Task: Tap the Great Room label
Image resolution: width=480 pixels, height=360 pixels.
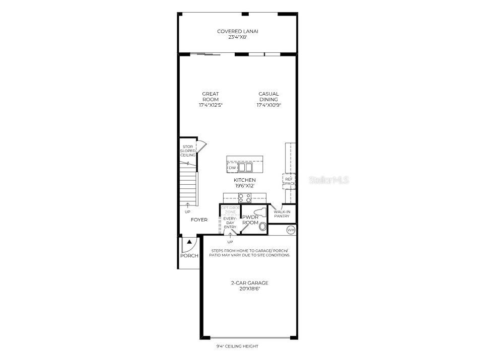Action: (x=210, y=97)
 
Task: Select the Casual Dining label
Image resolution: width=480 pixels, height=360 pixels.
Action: (x=268, y=97)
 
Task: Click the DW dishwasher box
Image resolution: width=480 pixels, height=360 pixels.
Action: (x=232, y=168)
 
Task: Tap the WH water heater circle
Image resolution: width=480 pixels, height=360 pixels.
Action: (x=291, y=230)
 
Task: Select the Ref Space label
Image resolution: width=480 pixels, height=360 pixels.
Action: (x=289, y=181)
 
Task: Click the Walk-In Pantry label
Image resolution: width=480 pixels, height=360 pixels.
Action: (x=282, y=214)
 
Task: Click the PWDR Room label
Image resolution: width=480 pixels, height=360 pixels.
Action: (x=250, y=220)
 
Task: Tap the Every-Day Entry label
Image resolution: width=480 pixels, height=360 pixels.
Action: (x=230, y=223)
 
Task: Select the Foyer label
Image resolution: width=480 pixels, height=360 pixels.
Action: (x=199, y=220)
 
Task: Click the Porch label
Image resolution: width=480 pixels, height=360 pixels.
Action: (x=189, y=256)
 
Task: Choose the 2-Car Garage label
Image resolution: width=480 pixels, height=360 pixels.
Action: (x=249, y=283)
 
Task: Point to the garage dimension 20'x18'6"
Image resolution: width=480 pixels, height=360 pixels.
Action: (x=249, y=289)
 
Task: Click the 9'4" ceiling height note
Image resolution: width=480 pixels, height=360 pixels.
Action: (x=237, y=346)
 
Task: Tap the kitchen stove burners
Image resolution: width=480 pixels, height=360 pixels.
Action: (x=245, y=198)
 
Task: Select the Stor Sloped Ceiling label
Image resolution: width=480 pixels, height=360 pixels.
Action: (x=188, y=151)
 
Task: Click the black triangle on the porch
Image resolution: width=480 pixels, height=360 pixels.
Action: (x=189, y=242)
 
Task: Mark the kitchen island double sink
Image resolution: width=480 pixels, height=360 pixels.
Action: (x=245, y=167)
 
